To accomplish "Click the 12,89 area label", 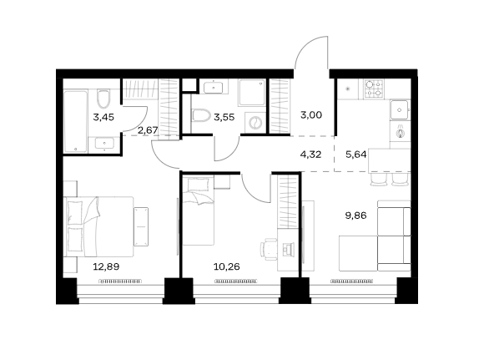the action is click(x=106, y=267).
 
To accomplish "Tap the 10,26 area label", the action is click(x=227, y=267).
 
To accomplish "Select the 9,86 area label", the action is click(x=355, y=215).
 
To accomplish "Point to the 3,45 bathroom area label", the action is click(x=103, y=118).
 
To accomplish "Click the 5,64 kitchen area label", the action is click(x=355, y=155).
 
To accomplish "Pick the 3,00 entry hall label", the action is click(x=311, y=115).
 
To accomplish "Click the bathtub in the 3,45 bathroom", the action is click(x=75, y=121).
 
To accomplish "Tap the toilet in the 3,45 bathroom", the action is click(x=103, y=98).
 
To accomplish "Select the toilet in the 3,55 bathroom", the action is click(x=200, y=115).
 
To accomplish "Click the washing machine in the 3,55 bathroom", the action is click(x=255, y=122).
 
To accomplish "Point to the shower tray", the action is click(x=252, y=93).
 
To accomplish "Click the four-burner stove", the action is click(x=374, y=89).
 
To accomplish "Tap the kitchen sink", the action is click(x=399, y=109).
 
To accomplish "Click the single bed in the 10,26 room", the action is click(x=199, y=211).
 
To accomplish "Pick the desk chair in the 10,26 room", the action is click(x=269, y=249).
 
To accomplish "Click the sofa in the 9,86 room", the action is click(x=375, y=236).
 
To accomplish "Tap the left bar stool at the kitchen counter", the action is click(x=378, y=180).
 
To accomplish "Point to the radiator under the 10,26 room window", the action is click(x=236, y=281).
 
